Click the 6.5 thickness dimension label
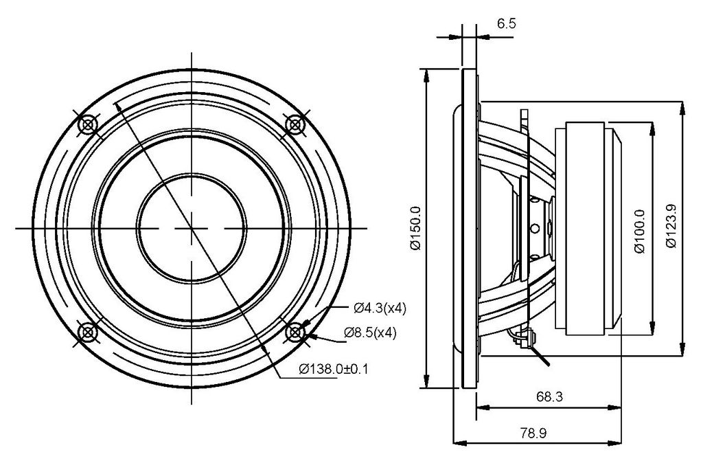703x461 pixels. pos(506,23)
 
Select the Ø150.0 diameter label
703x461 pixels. pos(415,229)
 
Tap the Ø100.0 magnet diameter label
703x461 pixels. pos(641,232)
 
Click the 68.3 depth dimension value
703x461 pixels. pos(550,397)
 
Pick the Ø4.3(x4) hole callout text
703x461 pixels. pos(380,308)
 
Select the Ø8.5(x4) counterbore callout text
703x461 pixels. pos(370,333)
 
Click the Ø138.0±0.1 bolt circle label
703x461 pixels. pos(334,370)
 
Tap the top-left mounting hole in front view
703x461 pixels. pos(87,124)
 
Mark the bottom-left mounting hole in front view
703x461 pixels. pos(87,333)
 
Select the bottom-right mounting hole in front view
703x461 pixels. pos(295,333)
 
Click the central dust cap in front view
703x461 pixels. pos(192,228)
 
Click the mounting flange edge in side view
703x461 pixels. pos(469,228)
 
